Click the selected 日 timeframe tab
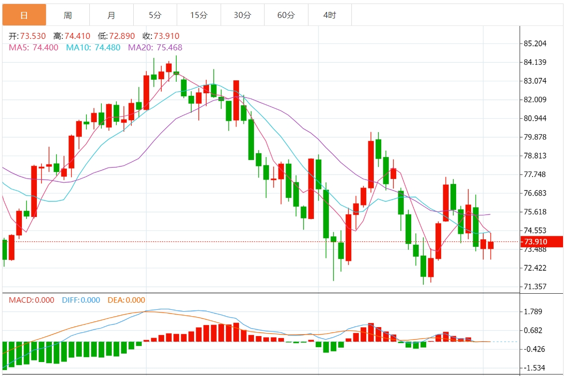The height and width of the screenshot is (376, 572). (24, 15)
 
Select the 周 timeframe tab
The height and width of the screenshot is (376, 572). (68, 15)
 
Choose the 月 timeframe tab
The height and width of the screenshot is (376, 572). (111, 15)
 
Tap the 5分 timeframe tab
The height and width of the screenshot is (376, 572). (155, 15)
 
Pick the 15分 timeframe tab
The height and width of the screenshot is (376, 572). (199, 15)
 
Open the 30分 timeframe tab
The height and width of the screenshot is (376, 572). (243, 15)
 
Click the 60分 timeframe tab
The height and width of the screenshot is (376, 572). (286, 15)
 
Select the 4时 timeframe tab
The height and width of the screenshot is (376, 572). (329, 15)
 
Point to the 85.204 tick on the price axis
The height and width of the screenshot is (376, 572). (535, 43)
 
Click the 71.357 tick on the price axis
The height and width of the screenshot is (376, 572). (535, 287)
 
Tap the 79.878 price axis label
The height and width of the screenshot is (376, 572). (535, 137)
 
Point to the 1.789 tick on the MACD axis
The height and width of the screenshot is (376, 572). (533, 312)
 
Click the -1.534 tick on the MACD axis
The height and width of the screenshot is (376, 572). (533, 368)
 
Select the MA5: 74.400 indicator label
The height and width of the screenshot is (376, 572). (33, 48)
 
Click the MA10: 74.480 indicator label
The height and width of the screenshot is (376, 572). (93, 48)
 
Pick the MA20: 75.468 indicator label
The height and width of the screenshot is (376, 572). (155, 48)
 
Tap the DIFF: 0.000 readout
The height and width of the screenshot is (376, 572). (81, 300)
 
